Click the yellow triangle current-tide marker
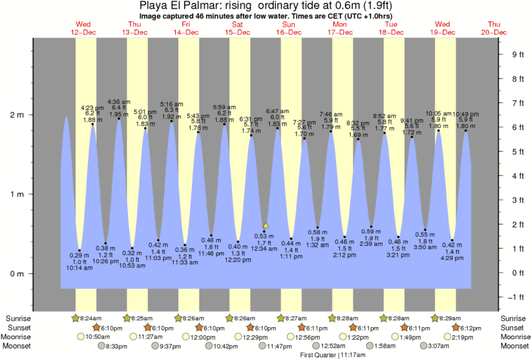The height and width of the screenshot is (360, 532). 266,225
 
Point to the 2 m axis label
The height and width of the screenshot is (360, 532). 15,115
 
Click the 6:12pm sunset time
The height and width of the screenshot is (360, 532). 468,327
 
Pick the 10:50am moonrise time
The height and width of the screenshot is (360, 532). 97,337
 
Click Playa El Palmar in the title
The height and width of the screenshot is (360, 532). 175,5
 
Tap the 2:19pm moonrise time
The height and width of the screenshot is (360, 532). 469,337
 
